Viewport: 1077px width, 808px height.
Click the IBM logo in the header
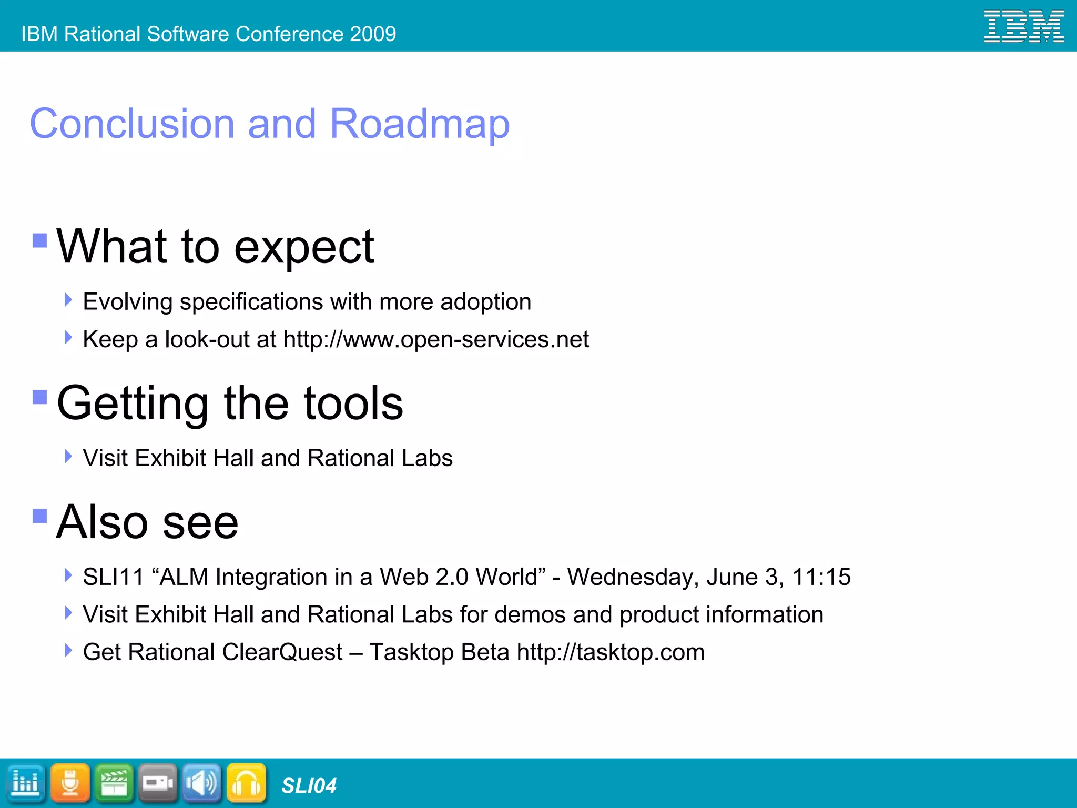(x=1023, y=26)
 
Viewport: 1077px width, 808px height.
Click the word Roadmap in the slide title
(x=419, y=124)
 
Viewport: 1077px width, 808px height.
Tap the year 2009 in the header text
(x=373, y=34)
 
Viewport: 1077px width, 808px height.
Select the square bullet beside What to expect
(x=40, y=240)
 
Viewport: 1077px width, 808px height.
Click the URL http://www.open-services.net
(x=435, y=339)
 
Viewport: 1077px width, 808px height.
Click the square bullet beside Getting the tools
(x=40, y=397)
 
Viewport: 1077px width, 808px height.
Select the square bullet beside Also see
(x=40, y=516)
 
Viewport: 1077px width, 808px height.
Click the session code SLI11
(x=113, y=577)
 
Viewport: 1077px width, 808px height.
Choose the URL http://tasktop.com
(x=610, y=652)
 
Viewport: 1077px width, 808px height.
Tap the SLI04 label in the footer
(x=309, y=786)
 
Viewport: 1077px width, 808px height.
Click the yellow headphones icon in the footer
(x=246, y=783)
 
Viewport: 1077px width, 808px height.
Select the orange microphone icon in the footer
(x=70, y=783)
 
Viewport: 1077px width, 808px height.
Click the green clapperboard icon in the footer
(x=114, y=783)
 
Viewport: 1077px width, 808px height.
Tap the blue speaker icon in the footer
(x=202, y=783)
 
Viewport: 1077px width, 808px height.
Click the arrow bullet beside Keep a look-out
(x=68, y=337)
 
